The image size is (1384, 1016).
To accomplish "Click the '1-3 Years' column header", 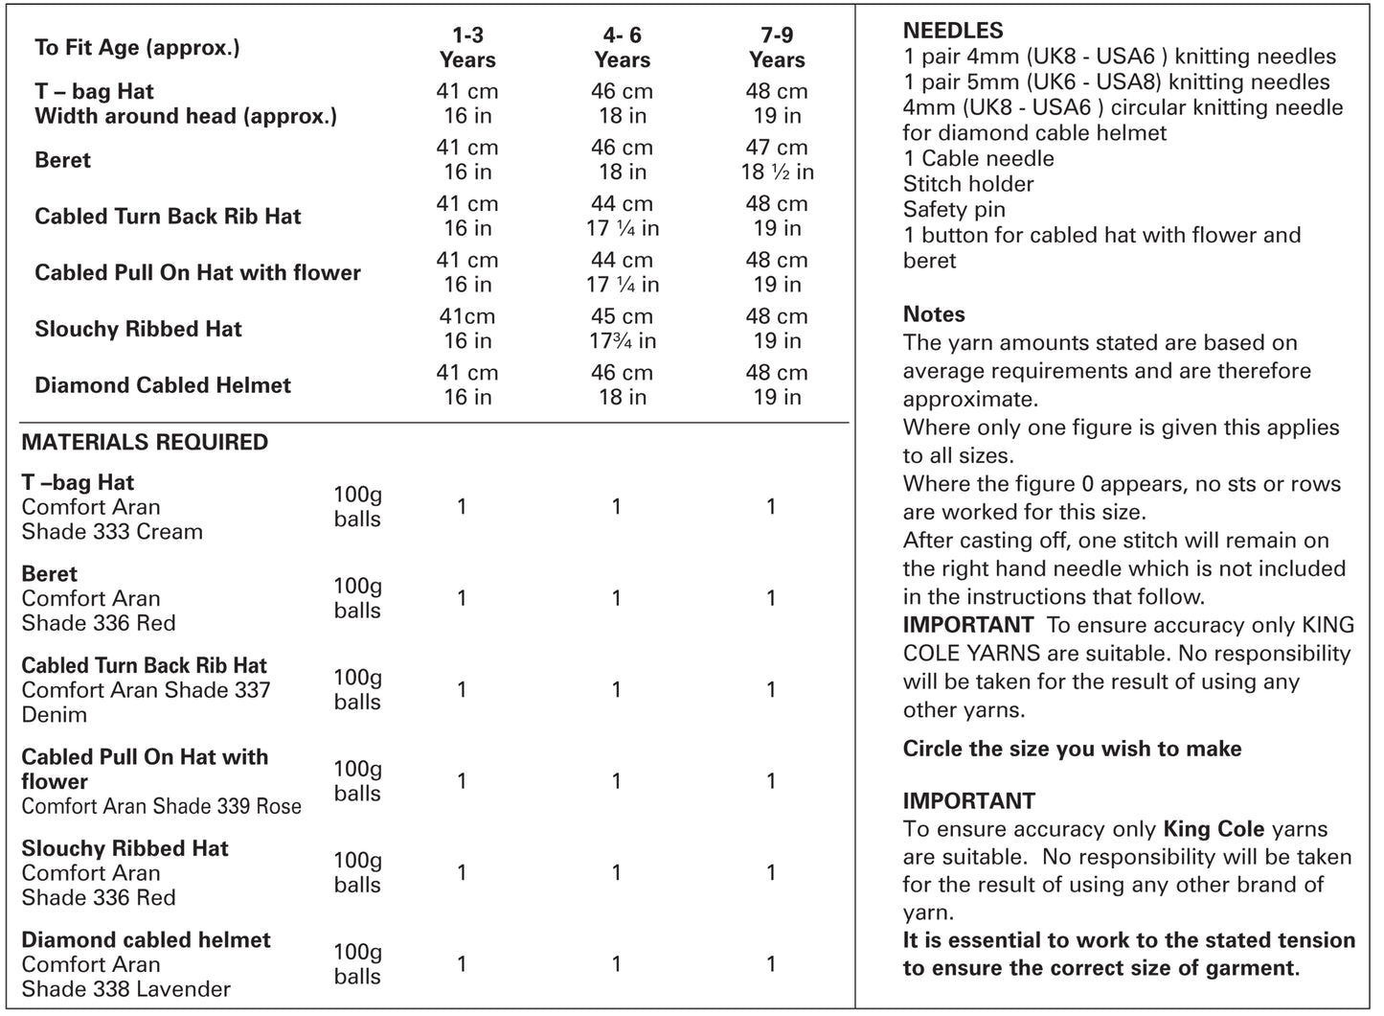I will [467, 48].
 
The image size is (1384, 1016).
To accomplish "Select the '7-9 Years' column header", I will [777, 48].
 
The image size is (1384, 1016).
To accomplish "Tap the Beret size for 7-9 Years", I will [777, 160].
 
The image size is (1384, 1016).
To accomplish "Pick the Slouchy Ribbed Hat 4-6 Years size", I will [623, 329].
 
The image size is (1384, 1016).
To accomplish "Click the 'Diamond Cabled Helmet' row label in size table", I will [163, 385].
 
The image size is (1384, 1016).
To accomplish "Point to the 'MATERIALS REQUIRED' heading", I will [145, 442].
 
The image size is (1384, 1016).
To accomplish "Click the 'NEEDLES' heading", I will [953, 31].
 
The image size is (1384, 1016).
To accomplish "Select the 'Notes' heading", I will [934, 314].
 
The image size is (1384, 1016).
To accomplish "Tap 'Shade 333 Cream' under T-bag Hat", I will [112, 532].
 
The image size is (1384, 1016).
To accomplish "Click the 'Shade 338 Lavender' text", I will [125, 989].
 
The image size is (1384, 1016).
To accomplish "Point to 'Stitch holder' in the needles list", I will [968, 184].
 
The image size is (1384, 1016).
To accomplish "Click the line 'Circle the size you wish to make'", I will [1072, 750].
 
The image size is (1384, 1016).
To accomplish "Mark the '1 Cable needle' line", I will [978, 159].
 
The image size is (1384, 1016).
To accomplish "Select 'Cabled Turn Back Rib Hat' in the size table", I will [168, 217].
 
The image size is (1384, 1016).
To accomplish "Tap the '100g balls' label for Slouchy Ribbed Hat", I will [357, 873].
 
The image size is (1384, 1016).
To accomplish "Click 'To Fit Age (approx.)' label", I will [137, 47].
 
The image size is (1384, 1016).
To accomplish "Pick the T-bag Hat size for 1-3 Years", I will [467, 104].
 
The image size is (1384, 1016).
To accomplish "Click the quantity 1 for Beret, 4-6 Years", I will [616, 599].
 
